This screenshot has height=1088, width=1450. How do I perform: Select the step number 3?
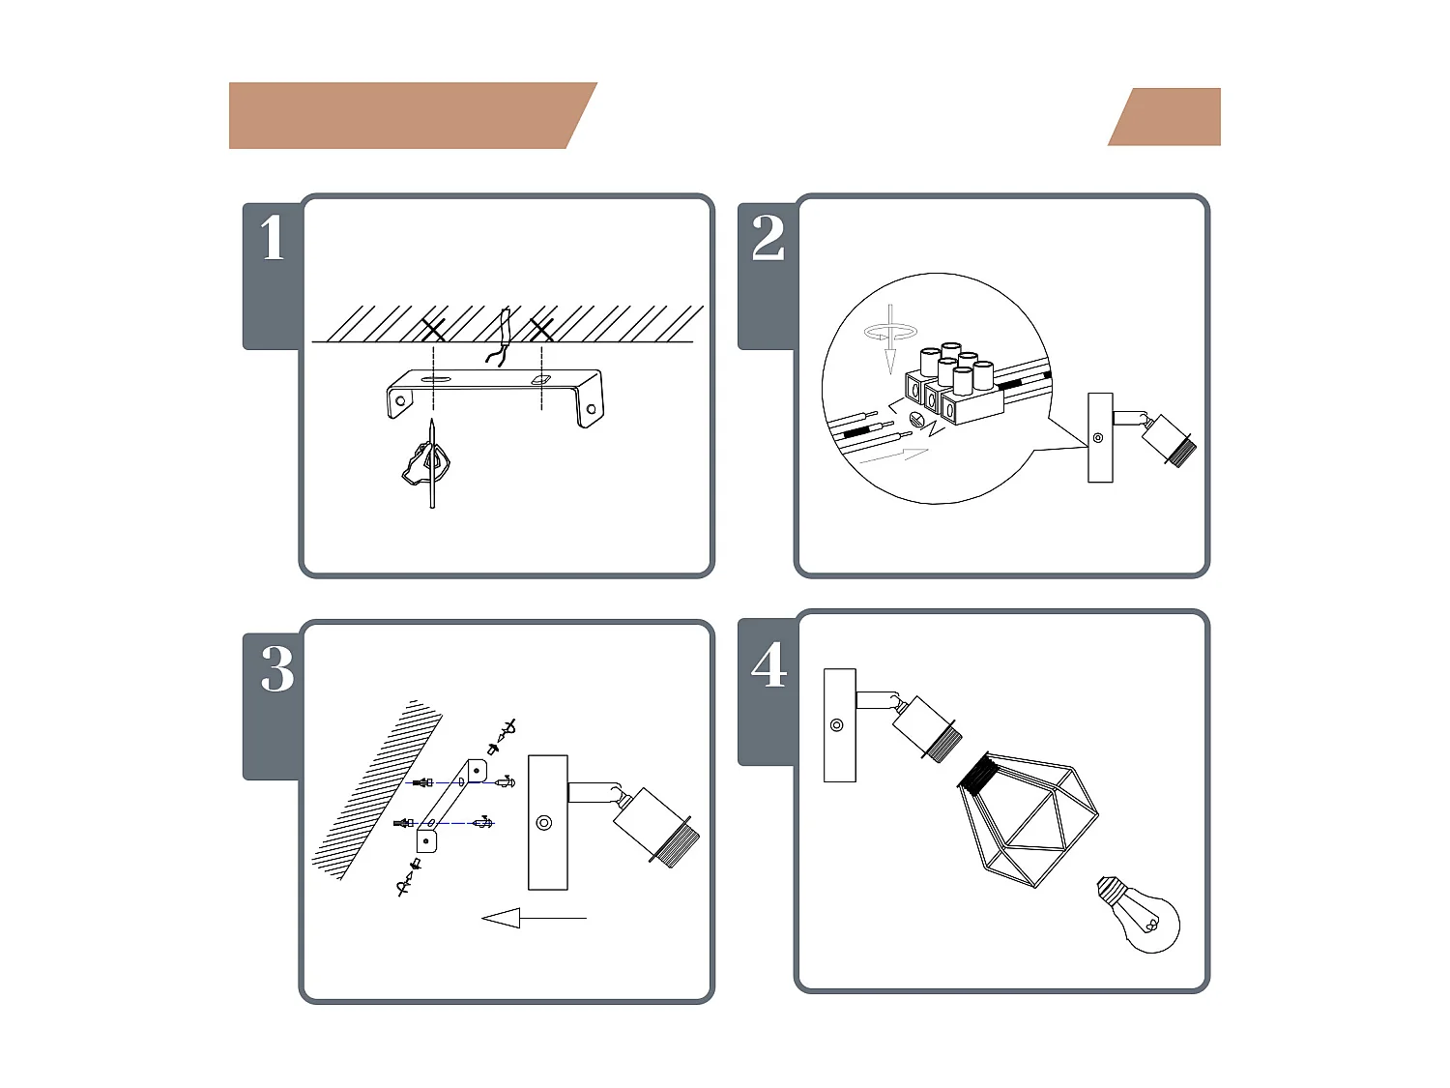[x=277, y=668]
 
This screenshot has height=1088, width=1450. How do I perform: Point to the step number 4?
[x=768, y=664]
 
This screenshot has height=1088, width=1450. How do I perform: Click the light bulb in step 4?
[x=1141, y=914]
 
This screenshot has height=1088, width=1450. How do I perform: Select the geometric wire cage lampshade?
[x=1028, y=818]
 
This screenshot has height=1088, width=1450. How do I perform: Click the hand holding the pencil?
[x=426, y=463]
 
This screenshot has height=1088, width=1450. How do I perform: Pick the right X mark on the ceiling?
[x=541, y=330]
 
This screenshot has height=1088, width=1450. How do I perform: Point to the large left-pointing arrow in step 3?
[x=534, y=918]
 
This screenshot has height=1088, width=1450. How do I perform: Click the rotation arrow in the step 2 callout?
[x=890, y=333]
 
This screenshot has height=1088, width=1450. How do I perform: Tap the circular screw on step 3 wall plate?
[x=543, y=823]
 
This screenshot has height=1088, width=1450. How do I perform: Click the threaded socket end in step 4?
[x=942, y=743]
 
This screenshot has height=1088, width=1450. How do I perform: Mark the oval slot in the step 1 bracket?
[x=436, y=379]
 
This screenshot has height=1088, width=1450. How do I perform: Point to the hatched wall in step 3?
[x=377, y=789]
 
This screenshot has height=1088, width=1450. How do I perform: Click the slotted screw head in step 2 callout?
[x=917, y=418]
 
